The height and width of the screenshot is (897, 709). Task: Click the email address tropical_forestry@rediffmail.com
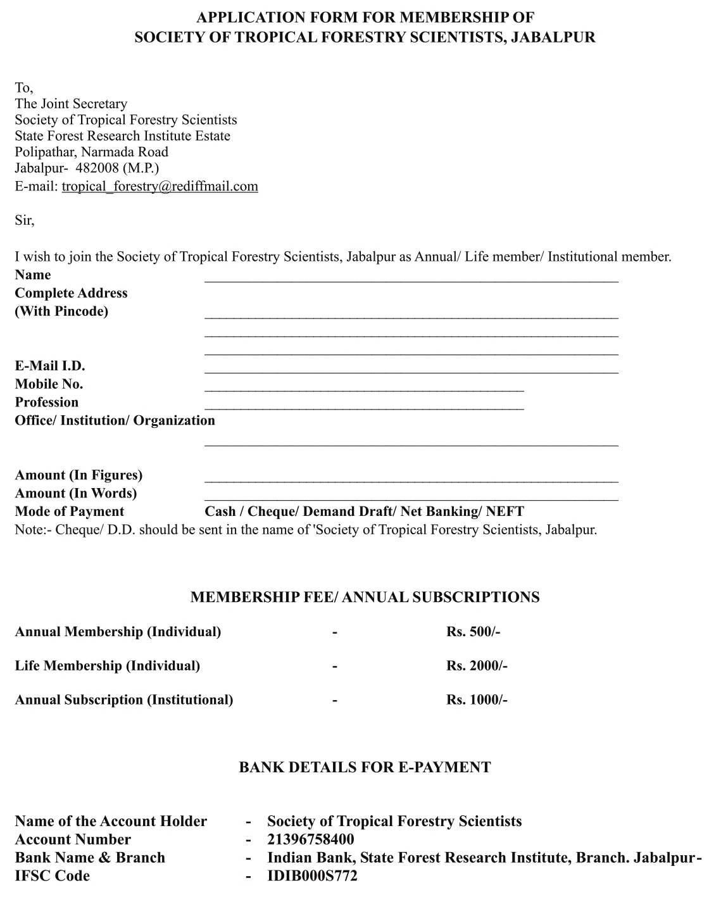(x=160, y=186)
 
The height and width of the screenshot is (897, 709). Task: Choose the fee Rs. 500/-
(x=473, y=632)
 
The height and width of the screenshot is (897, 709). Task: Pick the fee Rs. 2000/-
(x=477, y=666)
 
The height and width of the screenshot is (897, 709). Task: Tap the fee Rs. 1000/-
(x=477, y=700)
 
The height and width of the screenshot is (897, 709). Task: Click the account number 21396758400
(x=310, y=840)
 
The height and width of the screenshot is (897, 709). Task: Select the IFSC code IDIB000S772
(x=312, y=876)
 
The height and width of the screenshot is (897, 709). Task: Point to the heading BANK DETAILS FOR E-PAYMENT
(x=365, y=768)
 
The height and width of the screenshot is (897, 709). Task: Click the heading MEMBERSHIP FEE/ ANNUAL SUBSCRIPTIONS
(x=365, y=598)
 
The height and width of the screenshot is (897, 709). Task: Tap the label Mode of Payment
(x=70, y=511)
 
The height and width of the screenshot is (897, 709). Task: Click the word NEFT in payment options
(x=505, y=511)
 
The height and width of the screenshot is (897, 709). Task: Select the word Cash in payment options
(x=220, y=511)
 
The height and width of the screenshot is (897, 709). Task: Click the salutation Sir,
(x=25, y=221)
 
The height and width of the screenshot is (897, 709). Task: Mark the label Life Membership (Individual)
(x=107, y=666)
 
